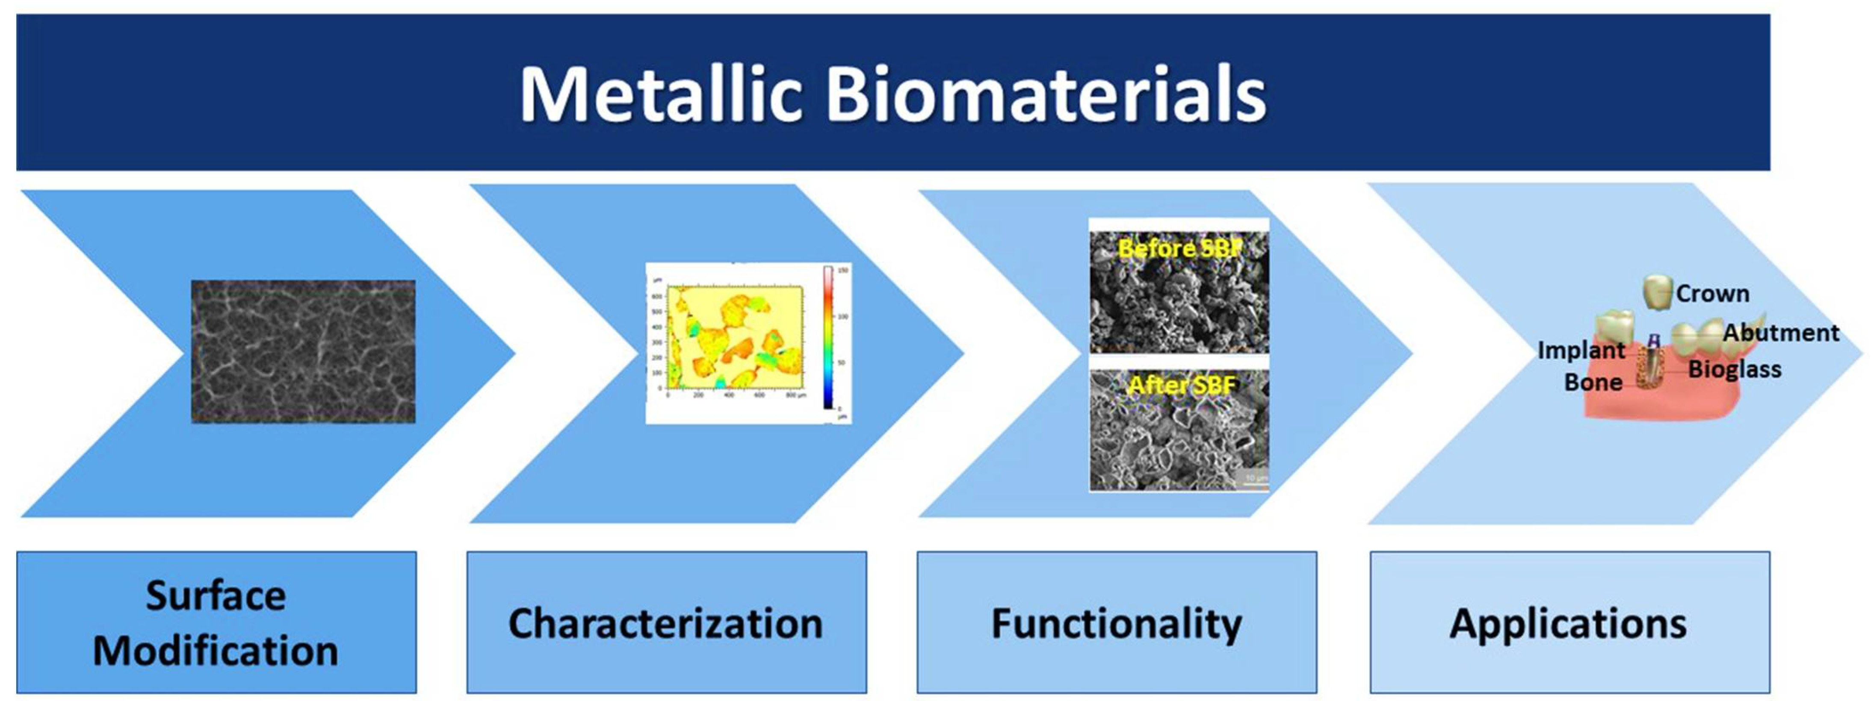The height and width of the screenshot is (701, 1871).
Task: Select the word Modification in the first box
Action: tap(216, 650)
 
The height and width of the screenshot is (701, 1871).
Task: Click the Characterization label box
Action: tap(666, 623)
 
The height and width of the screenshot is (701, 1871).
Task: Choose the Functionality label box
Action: tap(1116, 623)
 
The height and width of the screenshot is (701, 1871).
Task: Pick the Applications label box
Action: tap(1569, 623)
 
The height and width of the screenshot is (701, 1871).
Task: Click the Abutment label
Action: tap(1781, 333)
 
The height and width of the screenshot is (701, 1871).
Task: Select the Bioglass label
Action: tap(1735, 368)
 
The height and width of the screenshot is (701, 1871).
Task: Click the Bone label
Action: tap(1593, 382)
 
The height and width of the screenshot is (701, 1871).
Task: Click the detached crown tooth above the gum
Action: tap(1658, 292)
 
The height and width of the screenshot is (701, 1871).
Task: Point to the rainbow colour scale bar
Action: tap(828, 337)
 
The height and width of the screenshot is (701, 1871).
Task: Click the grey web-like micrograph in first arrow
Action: tap(303, 351)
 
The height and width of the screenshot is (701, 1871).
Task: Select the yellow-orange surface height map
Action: tap(733, 337)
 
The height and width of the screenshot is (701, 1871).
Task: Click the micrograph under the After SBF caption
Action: tap(1179, 443)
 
